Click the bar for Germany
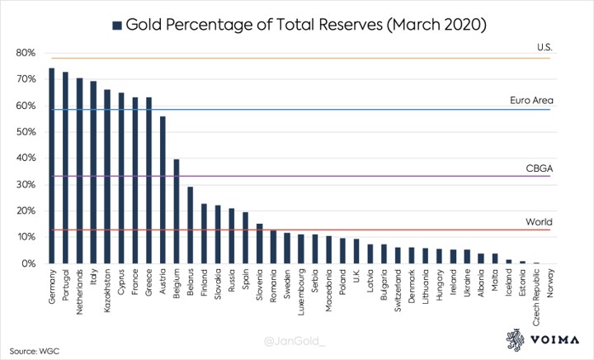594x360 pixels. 51,166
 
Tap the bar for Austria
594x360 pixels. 163,190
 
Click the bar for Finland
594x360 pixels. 205,234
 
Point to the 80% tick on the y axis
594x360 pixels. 25,53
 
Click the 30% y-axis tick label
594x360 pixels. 25,185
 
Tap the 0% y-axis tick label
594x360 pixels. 27,263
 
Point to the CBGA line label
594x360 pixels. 539,168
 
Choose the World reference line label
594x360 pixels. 540,222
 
